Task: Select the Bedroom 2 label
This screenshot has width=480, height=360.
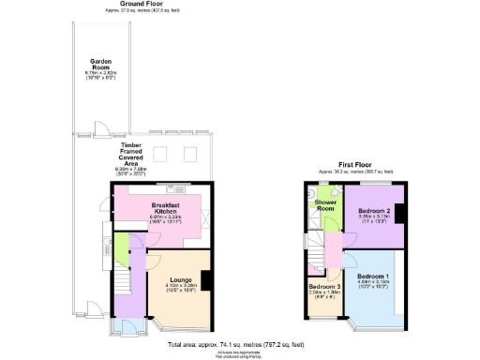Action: point(375,212)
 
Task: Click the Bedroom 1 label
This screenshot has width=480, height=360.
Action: point(375,274)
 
